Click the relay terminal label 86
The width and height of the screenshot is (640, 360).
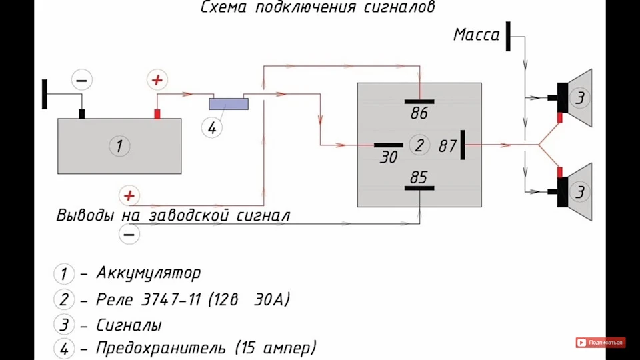click(419, 113)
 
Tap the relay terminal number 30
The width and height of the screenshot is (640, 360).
click(388, 157)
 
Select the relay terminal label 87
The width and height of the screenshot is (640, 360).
click(447, 146)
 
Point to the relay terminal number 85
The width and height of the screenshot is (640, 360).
click(419, 177)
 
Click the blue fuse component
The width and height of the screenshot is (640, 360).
click(229, 104)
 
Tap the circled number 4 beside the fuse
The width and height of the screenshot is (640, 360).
click(212, 128)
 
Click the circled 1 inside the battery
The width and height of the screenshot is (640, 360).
click(119, 146)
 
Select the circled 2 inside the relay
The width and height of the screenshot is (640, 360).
click(419, 145)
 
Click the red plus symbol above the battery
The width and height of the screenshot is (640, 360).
click(157, 80)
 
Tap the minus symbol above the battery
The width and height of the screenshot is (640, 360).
click(81, 81)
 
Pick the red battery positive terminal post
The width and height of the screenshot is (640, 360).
click(157, 114)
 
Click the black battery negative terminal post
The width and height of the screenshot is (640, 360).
click(81, 114)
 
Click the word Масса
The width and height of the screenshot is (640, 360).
click(476, 35)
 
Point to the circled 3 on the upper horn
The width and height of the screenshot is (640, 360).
click(579, 98)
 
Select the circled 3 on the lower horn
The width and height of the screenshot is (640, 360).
click(579, 192)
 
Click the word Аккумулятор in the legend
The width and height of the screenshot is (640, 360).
click(148, 273)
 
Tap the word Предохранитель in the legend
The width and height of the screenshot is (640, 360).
click(161, 348)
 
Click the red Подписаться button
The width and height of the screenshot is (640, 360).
click(601, 343)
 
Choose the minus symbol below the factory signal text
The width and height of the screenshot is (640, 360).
click(129, 235)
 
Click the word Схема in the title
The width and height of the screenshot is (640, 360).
click(224, 7)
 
